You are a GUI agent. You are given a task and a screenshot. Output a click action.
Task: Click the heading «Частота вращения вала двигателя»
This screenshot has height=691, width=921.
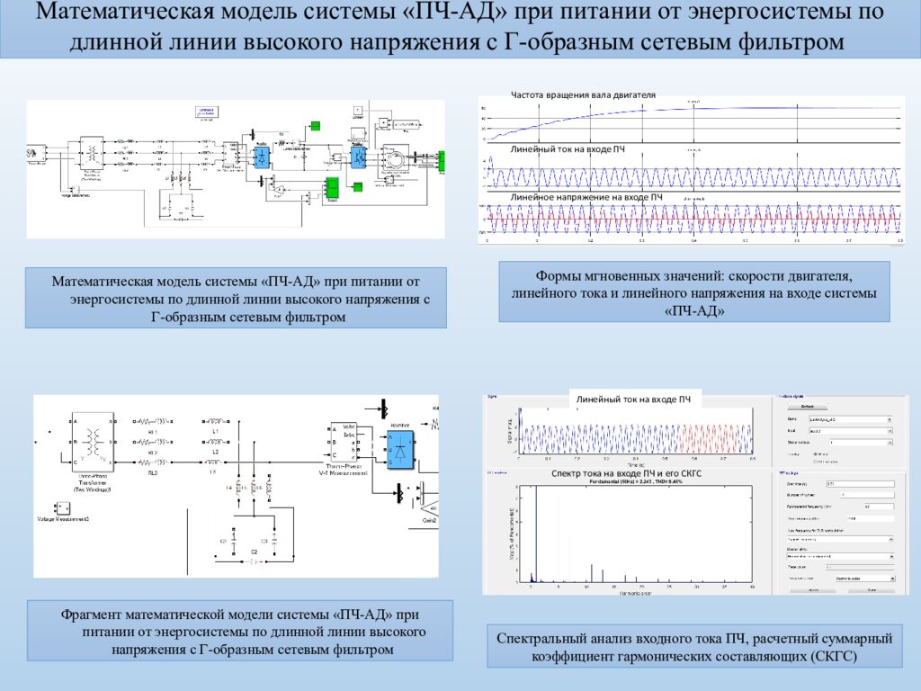(583, 94)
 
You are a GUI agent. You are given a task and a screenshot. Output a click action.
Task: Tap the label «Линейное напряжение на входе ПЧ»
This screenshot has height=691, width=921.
(586, 196)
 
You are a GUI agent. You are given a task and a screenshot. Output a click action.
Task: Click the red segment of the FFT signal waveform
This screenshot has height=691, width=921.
(711, 438)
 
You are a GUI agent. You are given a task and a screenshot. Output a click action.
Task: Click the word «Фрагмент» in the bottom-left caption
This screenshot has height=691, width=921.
(94, 615)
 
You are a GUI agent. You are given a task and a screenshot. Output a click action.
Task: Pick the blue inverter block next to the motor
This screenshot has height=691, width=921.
(359, 156)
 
